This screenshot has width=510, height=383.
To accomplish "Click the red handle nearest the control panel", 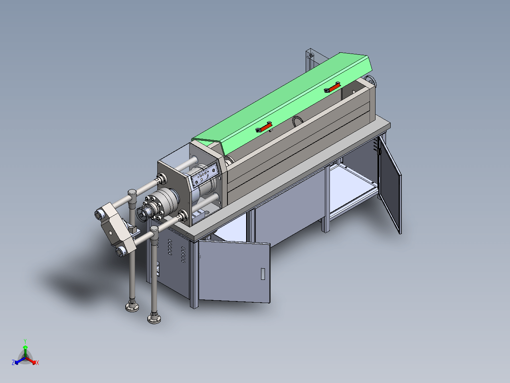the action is coord(264,127).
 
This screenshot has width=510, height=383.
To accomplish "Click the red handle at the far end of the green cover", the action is coord(332,87).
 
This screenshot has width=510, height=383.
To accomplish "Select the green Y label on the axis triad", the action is coord(25,341).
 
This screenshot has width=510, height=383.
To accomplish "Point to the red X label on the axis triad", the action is coord(38,363).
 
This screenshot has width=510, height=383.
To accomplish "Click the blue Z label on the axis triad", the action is coord(13,362).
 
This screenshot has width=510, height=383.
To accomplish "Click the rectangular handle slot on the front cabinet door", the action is coord(263,274).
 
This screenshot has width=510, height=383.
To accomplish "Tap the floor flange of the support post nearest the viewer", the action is coord(154,319).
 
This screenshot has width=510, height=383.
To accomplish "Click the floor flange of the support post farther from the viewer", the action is coord(132,307).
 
